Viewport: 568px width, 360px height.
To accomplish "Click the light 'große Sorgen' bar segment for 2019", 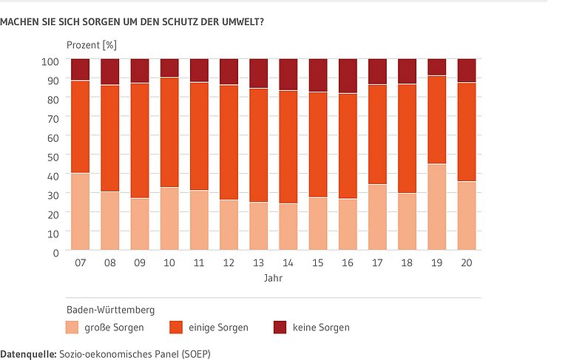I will click(437, 208).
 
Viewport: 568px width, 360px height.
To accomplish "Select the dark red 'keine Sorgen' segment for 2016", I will click(348, 76).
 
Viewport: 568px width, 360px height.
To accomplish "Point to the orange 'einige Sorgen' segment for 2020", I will click(467, 132).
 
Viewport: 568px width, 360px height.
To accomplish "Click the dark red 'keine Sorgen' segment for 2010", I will click(169, 68).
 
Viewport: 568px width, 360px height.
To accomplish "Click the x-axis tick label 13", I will click(258, 262).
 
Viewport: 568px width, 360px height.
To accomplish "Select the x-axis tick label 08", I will click(110, 262).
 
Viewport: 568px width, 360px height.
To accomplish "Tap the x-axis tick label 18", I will click(407, 262).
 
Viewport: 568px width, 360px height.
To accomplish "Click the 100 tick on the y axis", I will click(51, 61).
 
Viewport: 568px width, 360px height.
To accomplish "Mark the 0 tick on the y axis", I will click(57, 252).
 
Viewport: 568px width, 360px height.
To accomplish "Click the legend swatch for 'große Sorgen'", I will click(72, 327).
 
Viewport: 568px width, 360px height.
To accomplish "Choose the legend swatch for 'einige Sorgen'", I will click(176, 327).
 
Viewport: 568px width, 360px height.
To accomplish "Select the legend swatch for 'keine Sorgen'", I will click(280, 327).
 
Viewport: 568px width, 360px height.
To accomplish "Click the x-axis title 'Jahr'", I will click(274, 279).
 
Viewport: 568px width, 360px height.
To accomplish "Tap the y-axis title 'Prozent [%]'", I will click(92, 45).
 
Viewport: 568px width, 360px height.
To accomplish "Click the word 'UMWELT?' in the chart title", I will click(245, 21).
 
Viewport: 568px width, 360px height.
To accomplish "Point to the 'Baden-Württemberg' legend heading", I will click(110, 310).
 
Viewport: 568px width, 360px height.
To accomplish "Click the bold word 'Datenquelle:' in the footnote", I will click(27, 353).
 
